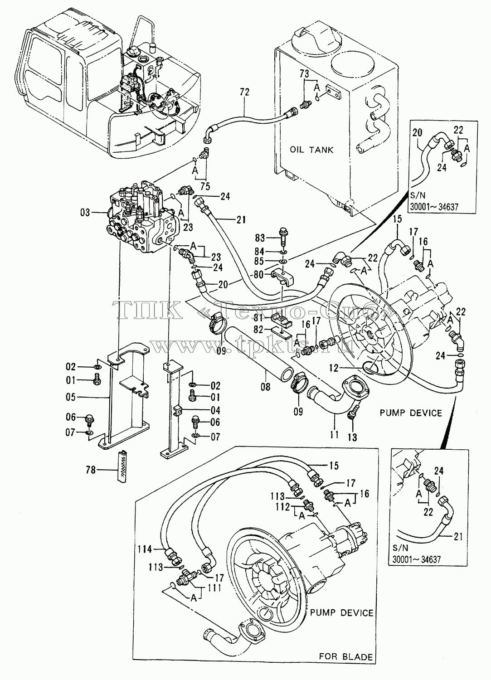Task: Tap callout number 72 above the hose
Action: point(244,92)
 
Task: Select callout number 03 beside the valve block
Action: point(85,213)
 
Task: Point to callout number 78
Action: point(91,470)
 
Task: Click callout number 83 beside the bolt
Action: point(260,238)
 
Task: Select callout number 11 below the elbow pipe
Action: point(334,435)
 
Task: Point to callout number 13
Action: point(352,437)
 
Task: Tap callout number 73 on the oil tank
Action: point(304,74)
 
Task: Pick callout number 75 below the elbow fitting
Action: point(205,186)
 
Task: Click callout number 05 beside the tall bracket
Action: point(70,397)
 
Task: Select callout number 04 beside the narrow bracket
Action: point(215,410)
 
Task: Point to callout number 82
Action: point(258,330)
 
